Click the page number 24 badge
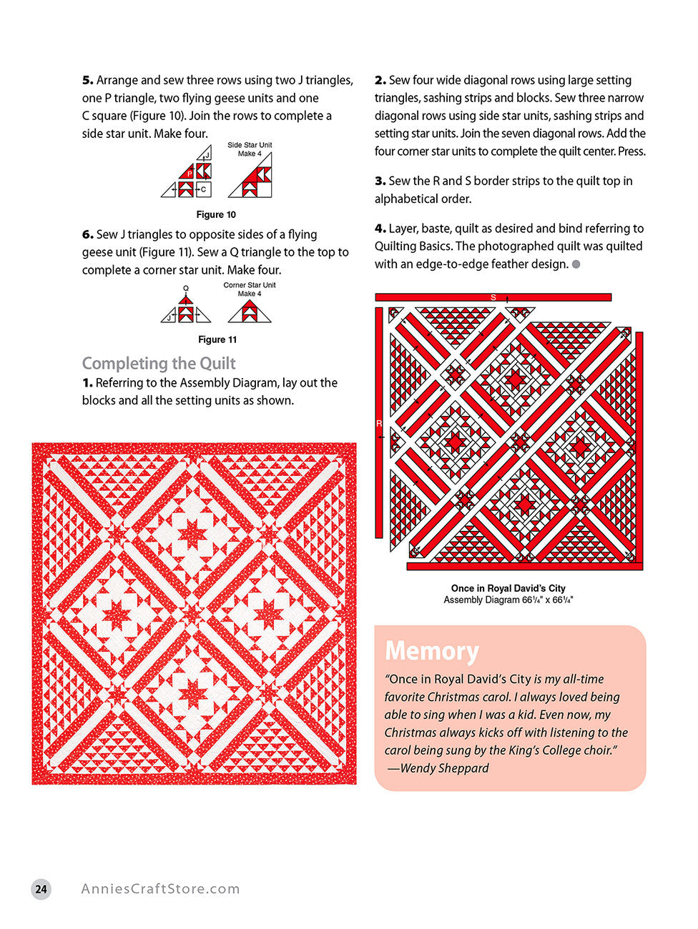point(41,889)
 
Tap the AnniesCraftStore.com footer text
point(160,889)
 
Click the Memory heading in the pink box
point(432,651)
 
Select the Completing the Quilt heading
point(159,363)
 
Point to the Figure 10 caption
point(216,214)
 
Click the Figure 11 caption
point(217,339)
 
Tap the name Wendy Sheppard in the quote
point(444,768)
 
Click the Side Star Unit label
point(250,145)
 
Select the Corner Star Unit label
point(250,285)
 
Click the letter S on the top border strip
point(493,297)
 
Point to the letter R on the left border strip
point(379,424)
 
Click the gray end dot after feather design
point(576,264)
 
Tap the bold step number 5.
point(87,80)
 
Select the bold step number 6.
point(87,234)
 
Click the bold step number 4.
point(380,229)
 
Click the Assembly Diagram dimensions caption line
point(508,600)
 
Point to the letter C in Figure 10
point(204,189)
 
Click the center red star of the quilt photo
point(194,614)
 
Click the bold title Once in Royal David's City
point(508,588)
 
